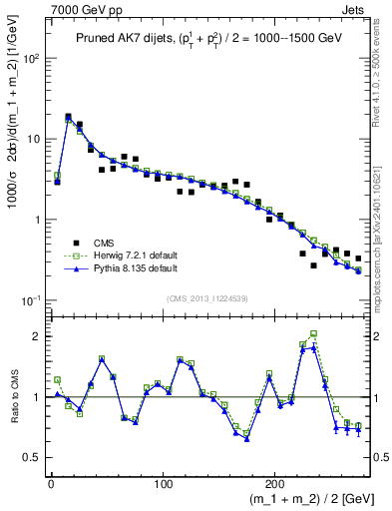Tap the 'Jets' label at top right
(353, 9)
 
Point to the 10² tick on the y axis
(31, 58)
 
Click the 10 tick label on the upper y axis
(35, 139)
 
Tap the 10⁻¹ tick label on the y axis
(31, 300)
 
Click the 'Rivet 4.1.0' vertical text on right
(376, 75)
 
